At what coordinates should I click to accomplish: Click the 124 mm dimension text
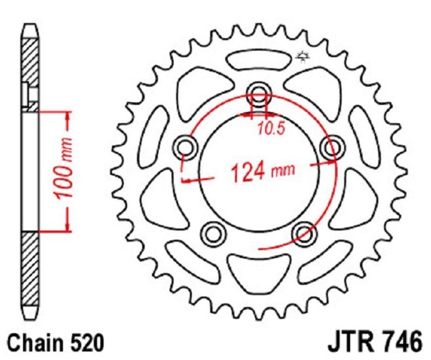(x=263, y=171)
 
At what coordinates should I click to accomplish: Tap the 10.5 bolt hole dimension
(x=271, y=128)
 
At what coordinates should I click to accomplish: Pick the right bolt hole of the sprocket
(x=333, y=147)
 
